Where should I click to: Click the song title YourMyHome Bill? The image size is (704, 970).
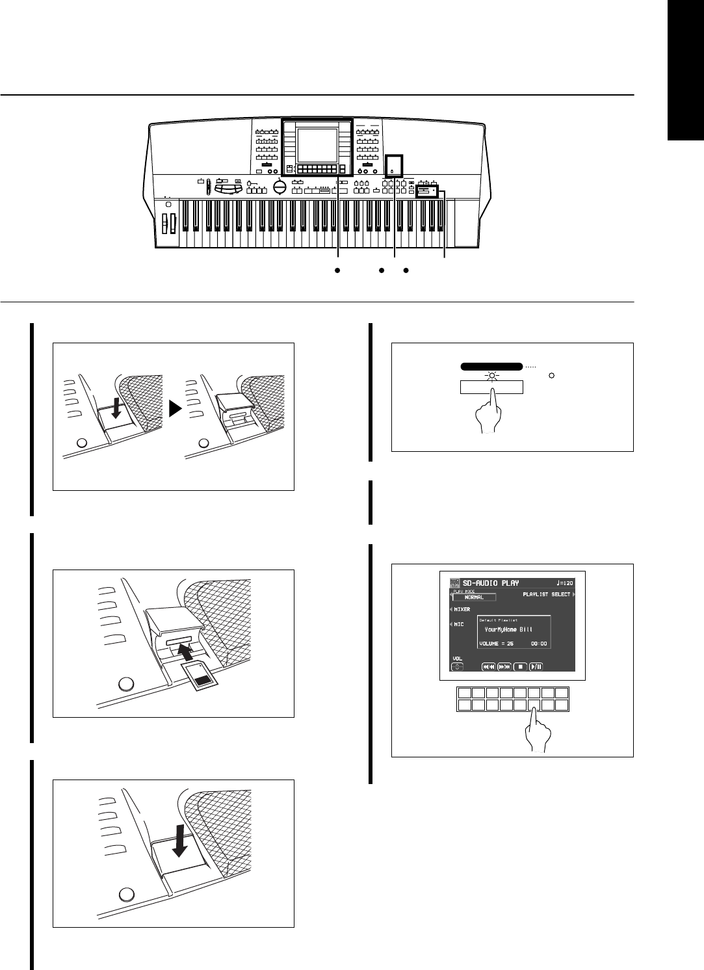[x=513, y=630]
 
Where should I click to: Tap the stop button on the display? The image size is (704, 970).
[x=519, y=666]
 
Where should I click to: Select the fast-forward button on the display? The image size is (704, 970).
[x=504, y=666]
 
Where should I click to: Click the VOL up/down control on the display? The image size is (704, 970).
[x=458, y=665]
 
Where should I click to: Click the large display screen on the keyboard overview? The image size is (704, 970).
[x=316, y=146]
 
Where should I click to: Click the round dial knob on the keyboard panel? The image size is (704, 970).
[x=281, y=187]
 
